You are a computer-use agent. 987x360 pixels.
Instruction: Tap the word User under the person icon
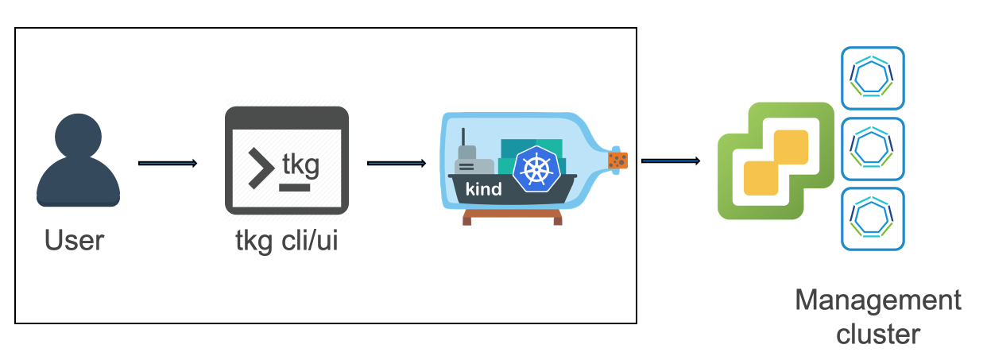point(74,240)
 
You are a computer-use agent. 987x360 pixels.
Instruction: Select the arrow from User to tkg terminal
point(167,164)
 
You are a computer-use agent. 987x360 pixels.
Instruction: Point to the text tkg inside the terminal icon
point(301,165)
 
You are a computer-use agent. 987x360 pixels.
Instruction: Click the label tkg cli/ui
point(287,240)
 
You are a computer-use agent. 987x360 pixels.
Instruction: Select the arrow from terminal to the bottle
point(396,164)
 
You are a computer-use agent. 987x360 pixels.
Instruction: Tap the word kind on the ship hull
point(482,189)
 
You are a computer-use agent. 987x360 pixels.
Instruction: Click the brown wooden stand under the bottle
point(508,216)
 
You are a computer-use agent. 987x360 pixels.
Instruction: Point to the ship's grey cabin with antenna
point(470,161)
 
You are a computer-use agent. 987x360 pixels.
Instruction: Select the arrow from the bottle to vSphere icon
point(670,161)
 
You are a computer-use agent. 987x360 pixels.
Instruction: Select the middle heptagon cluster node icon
point(873,146)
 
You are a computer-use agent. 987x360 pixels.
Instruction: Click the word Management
point(878,301)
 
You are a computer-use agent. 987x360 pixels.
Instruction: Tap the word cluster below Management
point(878,334)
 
